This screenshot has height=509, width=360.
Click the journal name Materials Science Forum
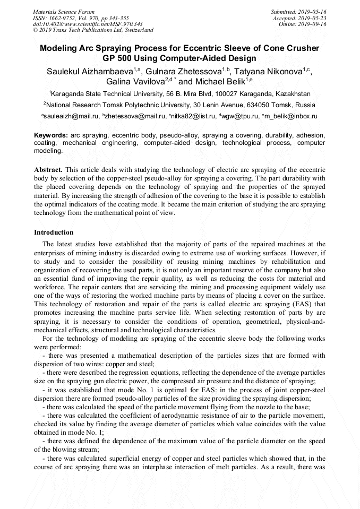tap(64, 12)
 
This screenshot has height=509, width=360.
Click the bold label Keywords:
tap(51, 136)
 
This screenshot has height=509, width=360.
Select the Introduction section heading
tap(54, 232)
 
